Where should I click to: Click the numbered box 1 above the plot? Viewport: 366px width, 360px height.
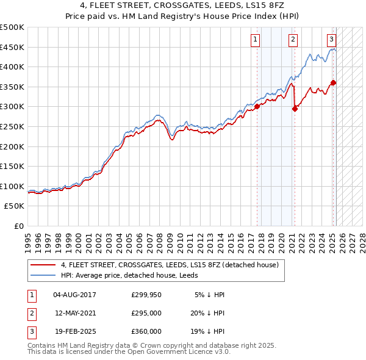point(255,40)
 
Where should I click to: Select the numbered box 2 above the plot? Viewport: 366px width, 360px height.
point(293,40)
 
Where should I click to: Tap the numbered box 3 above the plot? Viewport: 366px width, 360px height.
point(331,40)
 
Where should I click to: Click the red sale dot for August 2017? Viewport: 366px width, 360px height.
point(257,106)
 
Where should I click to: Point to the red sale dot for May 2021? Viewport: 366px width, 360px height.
point(295,109)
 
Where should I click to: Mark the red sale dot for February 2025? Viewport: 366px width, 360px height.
point(333,82)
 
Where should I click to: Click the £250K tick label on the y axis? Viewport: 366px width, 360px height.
point(13,126)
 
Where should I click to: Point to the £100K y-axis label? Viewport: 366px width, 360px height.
point(13,186)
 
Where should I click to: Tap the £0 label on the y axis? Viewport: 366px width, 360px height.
point(20,226)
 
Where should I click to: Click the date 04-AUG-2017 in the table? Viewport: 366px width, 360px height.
point(75,295)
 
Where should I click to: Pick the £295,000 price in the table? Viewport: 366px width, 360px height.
point(146,313)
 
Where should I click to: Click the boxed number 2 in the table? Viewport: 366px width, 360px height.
point(31,313)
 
